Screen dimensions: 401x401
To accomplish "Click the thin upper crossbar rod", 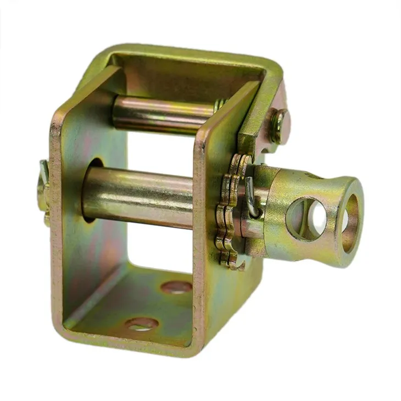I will (159, 113).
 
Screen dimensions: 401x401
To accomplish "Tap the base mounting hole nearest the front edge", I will (142, 324).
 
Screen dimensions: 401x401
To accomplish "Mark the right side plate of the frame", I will (220, 275).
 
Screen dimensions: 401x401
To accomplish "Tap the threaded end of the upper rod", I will (220, 104).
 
